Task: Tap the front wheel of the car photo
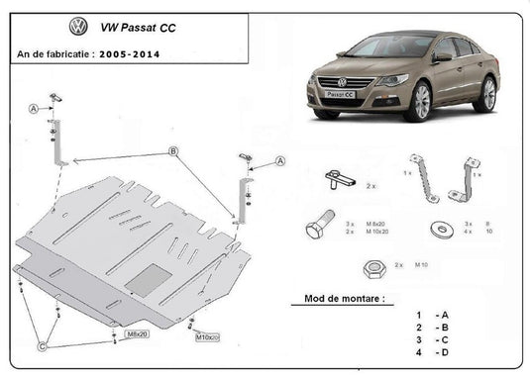pyautogui.click(x=420, y=100)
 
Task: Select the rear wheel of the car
pyautogui.click(x=486, y=93)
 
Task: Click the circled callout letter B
pyautogui.click(x=172, y=150)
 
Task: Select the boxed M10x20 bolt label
pyautogui.click(x=206, y=337)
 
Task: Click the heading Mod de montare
pyautogui.click(x=333, y=298)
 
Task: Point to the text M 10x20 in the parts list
pyautogui.click(x=376, y=233)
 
